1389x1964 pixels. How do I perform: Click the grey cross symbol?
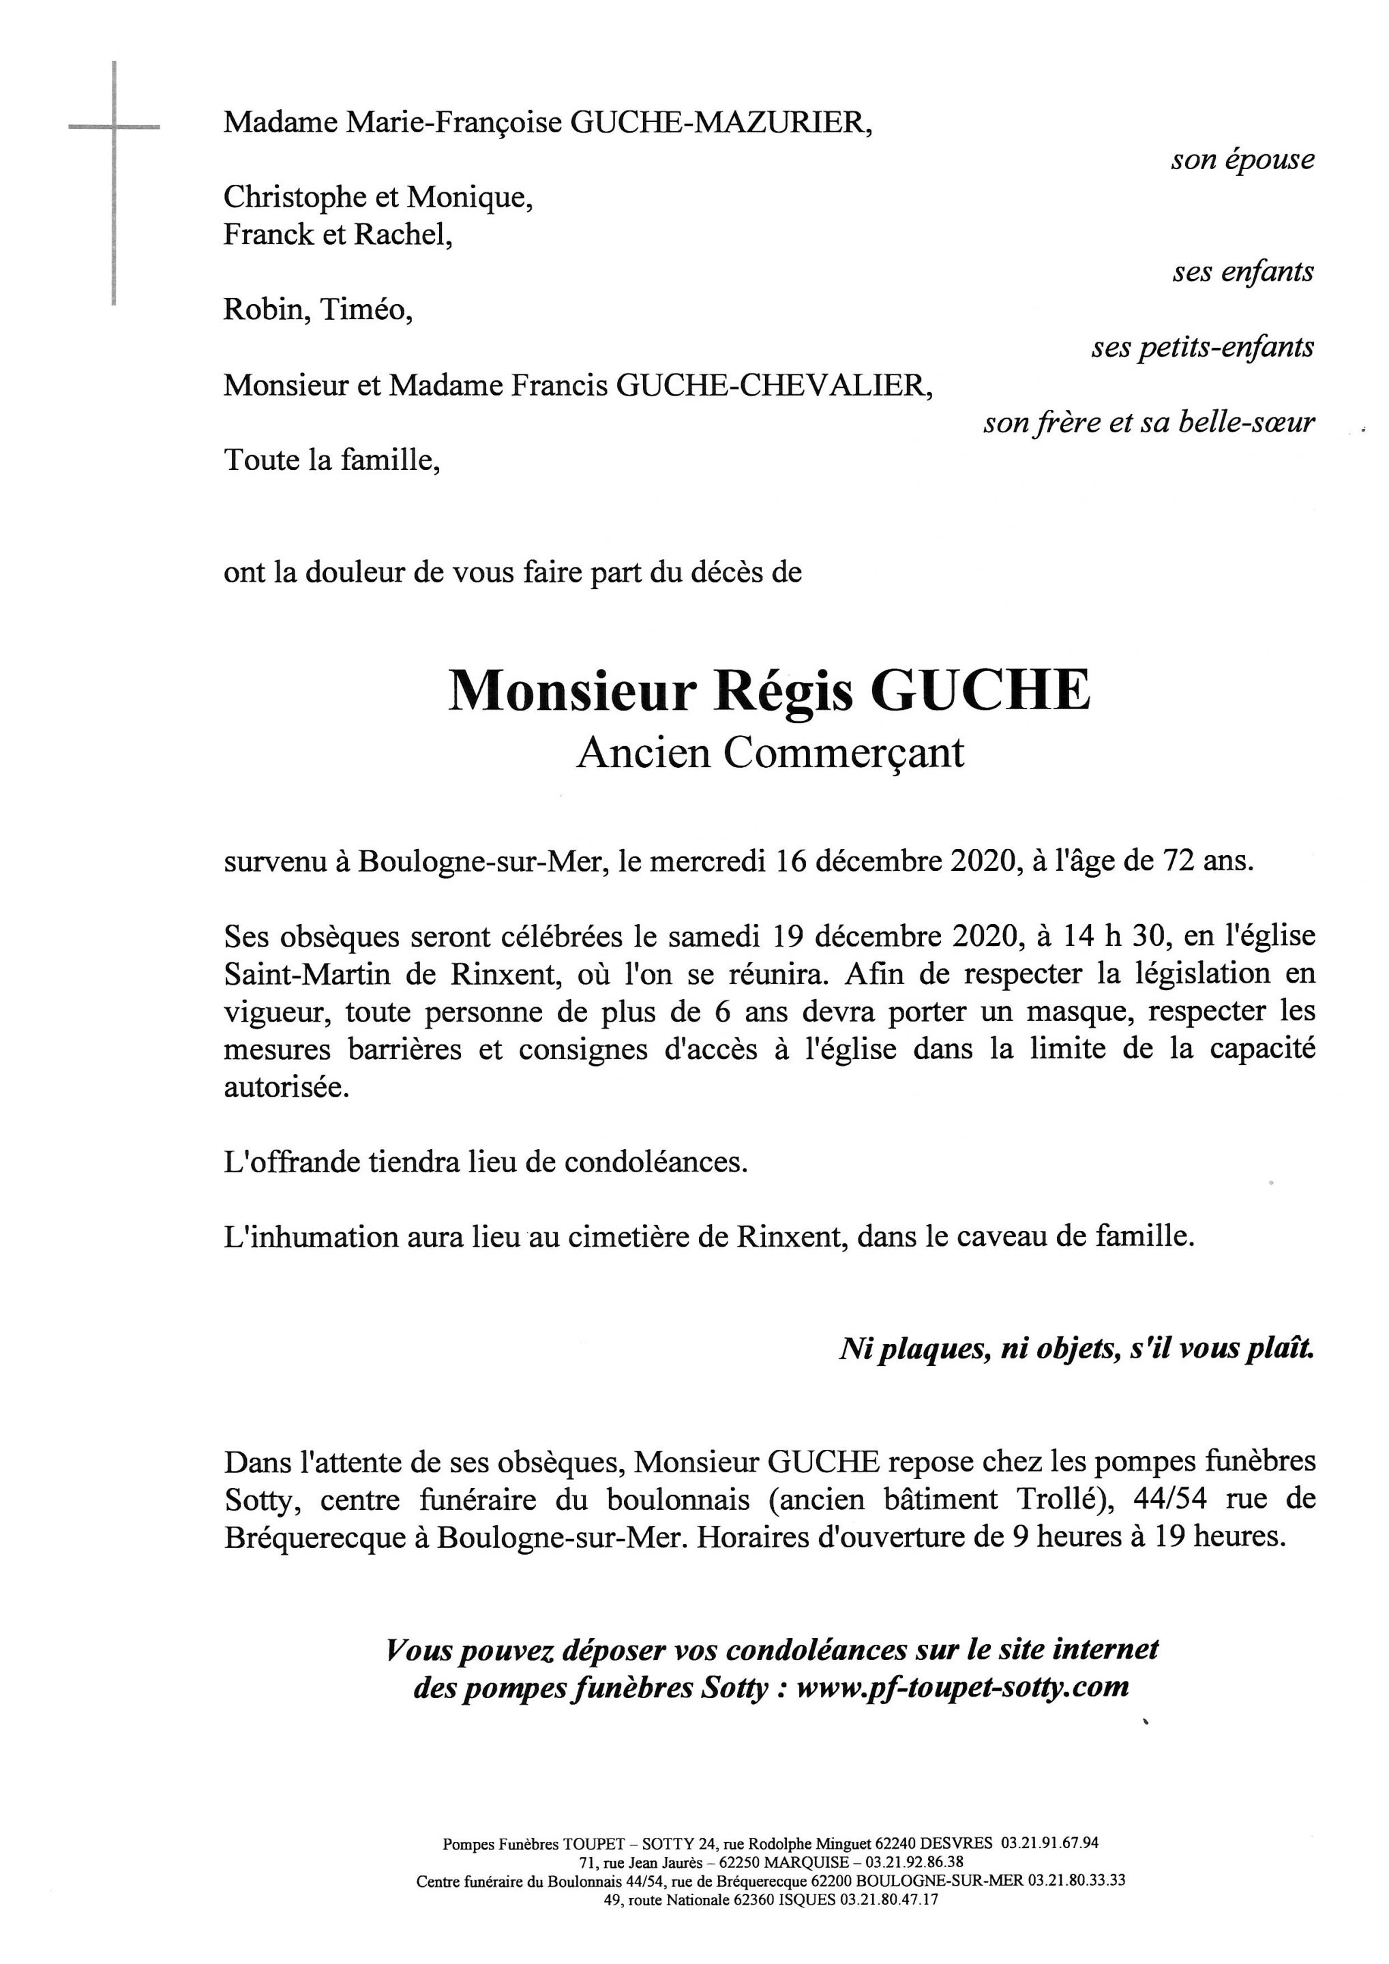point(114,128)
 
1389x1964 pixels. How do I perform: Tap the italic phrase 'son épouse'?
point(1242,160)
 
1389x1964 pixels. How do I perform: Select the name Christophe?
point(299,198)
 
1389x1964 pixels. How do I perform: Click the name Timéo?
point(366,310)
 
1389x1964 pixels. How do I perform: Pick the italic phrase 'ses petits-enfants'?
point(1201,347)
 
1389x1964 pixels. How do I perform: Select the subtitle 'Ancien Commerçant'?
point(770,754)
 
